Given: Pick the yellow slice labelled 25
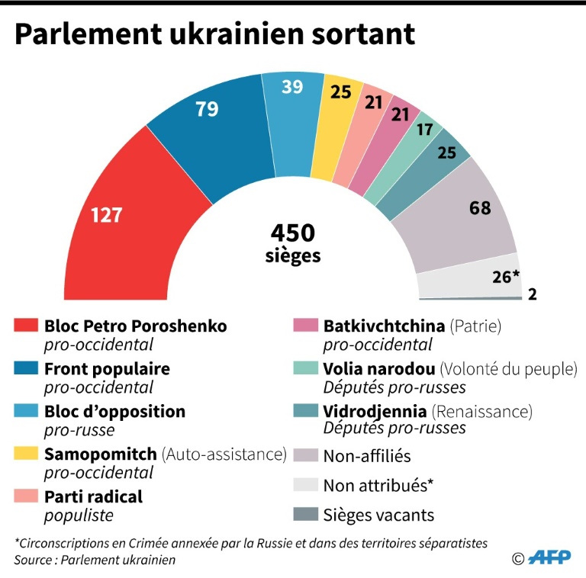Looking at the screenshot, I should click(340, 114).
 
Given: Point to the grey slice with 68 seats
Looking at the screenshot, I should click(465, 217).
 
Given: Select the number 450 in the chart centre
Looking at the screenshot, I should click(293, 233).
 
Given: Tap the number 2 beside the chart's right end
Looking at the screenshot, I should click(532, 294).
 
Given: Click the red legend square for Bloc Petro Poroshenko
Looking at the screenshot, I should click(25, 326).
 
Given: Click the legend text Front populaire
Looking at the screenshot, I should click(107, 369).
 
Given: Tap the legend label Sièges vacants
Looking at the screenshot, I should click(378, 515).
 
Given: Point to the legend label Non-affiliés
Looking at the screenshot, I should click(367, 456).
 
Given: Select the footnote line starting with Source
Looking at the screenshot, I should click(95, 560).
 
